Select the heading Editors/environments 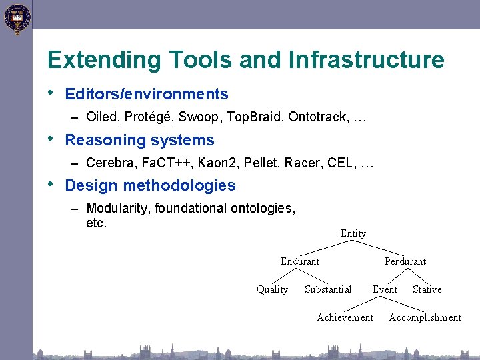point(147,95)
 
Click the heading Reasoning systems point(140,140)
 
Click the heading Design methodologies point(151,185)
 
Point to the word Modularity point(119,209)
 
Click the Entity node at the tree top point(353,233)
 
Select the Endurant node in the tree point(299,261)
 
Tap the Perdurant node point(405,261)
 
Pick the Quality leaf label point(272,289)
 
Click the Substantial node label point(328,289)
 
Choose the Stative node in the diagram point(427,289)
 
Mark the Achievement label point(345,317)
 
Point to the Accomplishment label point(425,317)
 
